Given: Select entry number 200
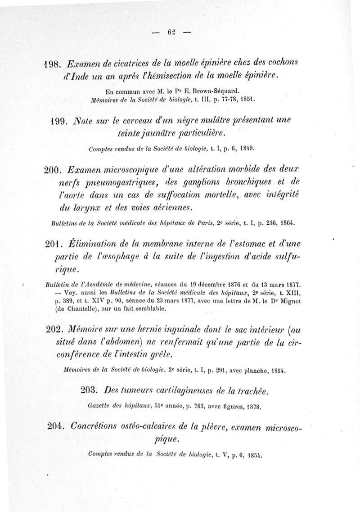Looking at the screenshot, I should coord(54,170).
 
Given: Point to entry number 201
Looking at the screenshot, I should coord(54,244).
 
